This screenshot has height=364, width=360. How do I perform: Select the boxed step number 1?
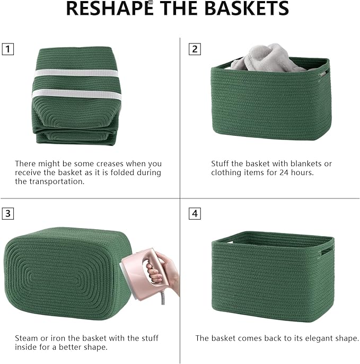(x=8, y=49)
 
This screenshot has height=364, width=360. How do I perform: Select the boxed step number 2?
(x=195, y=49)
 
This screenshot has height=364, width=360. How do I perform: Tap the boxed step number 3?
(x=8, y=214)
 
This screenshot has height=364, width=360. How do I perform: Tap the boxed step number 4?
(x=195, y=214)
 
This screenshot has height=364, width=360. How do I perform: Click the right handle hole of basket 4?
(x=328, y=249)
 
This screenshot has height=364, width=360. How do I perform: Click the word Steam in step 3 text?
(x=26, y=338)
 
